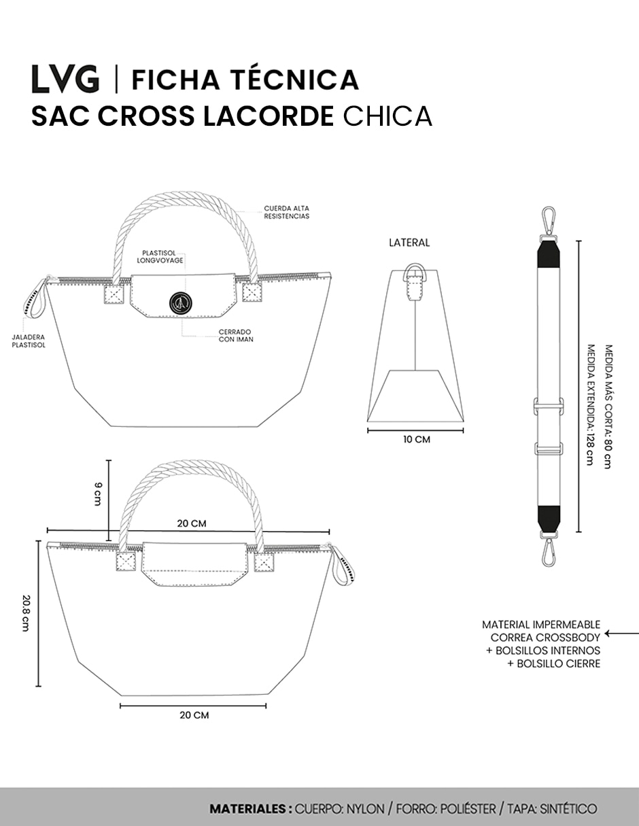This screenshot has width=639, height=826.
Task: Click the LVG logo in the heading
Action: click(x=65, y=79)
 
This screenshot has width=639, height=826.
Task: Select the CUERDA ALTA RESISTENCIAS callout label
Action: click(x=287, y=213)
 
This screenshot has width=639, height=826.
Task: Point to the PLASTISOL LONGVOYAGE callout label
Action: click(x=160, y=257)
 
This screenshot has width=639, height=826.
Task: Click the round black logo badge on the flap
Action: click(x=180, y=303)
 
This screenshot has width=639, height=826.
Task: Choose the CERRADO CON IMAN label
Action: click(x=236, y=336)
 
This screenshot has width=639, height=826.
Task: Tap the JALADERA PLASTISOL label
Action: click(x=29, y=341)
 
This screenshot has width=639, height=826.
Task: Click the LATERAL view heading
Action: click(x=409, y=243)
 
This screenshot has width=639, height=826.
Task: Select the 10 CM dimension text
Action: click(x=417, y=439)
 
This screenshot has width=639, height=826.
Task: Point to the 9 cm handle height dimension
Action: click(x=99, y=494)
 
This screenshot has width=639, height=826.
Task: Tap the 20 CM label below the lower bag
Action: click(x=194, y=715)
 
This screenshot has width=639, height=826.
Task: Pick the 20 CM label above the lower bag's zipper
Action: click(x=192, y=523)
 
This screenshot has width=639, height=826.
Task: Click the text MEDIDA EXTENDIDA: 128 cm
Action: click(x=590, y=405)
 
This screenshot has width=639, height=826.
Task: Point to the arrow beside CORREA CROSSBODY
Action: click(x=621, y=634)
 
